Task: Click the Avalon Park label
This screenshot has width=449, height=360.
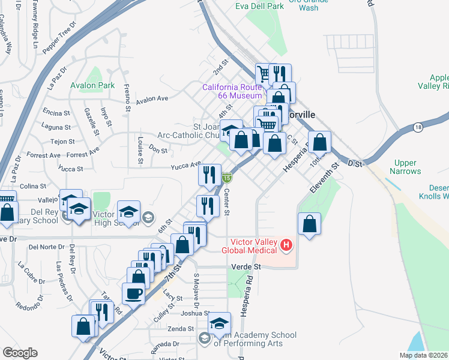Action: point(92,85)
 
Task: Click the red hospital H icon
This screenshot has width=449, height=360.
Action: point(286,245)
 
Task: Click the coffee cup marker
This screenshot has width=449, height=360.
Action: point(133,293)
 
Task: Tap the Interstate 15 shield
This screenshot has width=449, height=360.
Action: point(226,177)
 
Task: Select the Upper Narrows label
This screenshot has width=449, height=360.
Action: point(408,167)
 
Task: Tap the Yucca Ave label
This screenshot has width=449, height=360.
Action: point(185,166)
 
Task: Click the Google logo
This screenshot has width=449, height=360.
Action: point(19,353)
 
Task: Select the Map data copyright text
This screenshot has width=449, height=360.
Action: point(424,355)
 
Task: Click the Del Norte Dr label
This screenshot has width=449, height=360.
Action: point(46,247)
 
